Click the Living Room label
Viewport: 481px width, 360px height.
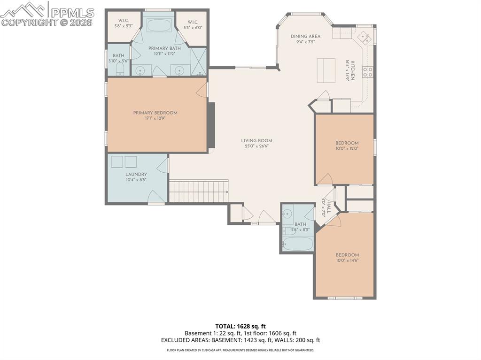256,140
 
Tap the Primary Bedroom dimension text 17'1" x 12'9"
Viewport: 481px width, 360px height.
155,118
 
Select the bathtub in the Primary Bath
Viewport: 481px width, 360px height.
159,24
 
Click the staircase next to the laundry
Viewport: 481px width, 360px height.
198,191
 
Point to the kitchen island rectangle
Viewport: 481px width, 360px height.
326,70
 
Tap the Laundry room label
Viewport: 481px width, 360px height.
136,174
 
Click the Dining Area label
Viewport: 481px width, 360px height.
305,36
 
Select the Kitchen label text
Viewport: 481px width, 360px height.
352,70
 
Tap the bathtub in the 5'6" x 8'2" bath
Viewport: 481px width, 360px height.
297,244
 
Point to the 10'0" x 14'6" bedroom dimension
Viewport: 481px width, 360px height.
347,260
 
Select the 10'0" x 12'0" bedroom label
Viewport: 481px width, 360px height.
347,143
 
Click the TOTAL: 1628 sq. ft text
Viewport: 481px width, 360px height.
240,326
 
